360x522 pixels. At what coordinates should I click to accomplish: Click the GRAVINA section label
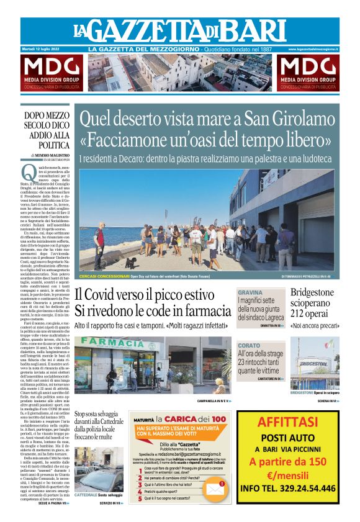(250, 292)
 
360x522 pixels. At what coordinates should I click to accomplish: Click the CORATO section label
(249, 345)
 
